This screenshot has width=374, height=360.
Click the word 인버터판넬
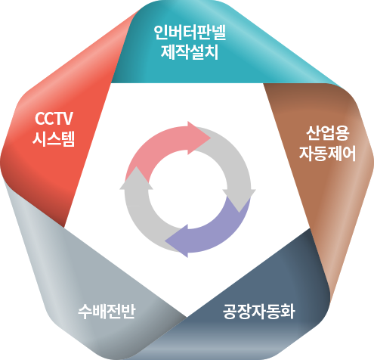[190, 33]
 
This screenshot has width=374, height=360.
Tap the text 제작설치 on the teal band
[190, 52]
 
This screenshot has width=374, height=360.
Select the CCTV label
[54, 119]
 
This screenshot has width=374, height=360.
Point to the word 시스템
[54, 139]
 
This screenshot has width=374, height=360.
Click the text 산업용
[327, 133]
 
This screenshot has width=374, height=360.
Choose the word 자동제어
[327, 154]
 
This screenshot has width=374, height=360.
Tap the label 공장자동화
[258, 312]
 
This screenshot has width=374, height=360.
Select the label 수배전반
[107, 312]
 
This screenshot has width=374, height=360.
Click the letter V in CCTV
[67, 119]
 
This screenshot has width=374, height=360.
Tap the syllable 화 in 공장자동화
[288, 312]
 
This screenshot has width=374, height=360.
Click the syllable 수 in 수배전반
[85, 312]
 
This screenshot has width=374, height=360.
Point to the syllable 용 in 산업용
[342, 133]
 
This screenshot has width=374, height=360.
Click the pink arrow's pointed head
[211, 138]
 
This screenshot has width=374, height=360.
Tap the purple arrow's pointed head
[165, 241]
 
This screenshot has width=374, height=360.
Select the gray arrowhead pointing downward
[239, 212]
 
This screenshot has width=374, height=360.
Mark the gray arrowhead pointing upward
[136, 166]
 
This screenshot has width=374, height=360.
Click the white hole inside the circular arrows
[187, 190]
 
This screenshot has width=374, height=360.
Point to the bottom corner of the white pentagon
[187, 317]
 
